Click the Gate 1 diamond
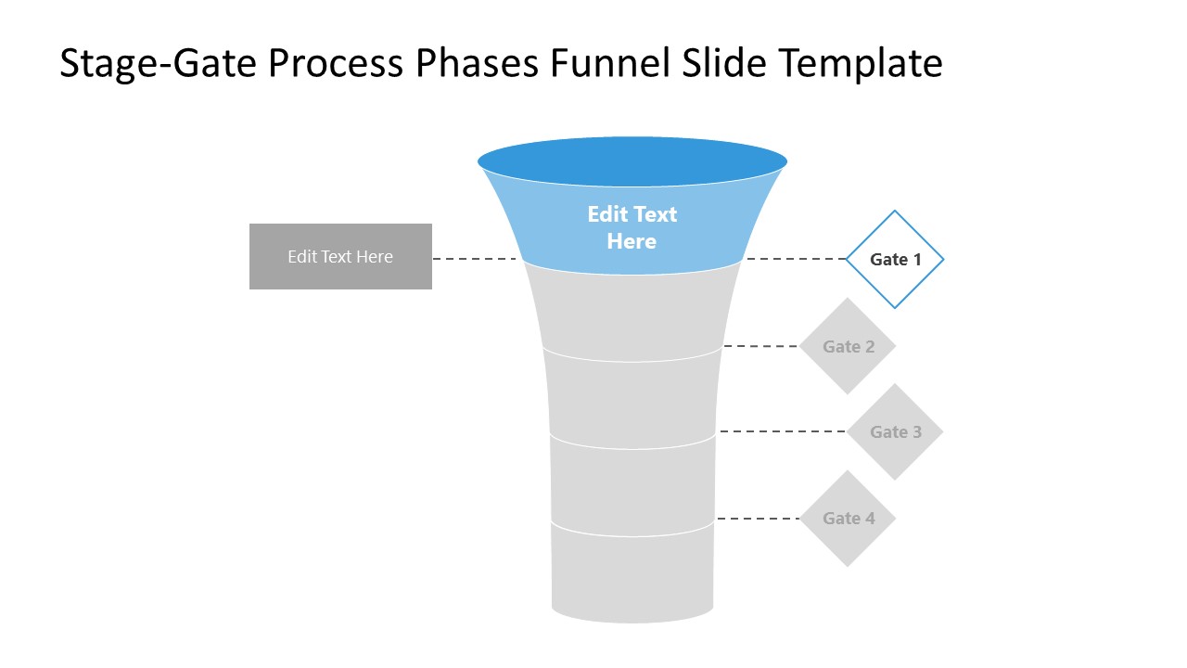pos(895,259)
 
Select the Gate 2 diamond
pos(848,346)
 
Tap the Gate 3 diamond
pos(895,431)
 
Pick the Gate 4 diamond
pos(848,518)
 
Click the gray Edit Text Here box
pos(340,256)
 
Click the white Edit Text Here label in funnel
pos(632,227)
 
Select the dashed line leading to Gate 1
pos(796,259)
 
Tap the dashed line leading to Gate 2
pos(760,346)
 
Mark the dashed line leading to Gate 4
pos(758,519)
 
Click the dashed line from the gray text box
pos(475,259)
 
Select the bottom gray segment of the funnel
pos(632,575)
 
